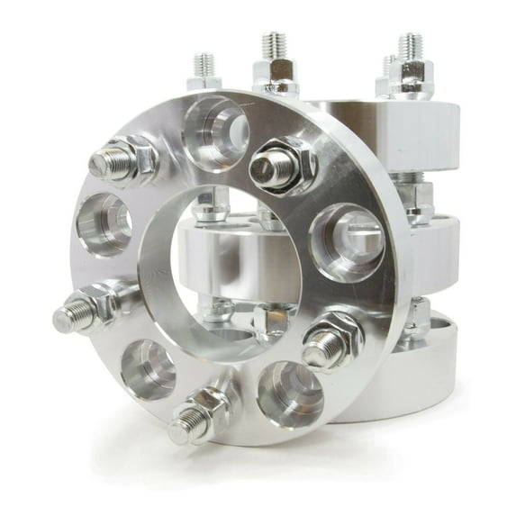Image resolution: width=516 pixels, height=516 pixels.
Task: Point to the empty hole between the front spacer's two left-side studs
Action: pos(148,367)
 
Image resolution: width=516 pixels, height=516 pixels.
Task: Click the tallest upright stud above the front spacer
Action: pos(275,45)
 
